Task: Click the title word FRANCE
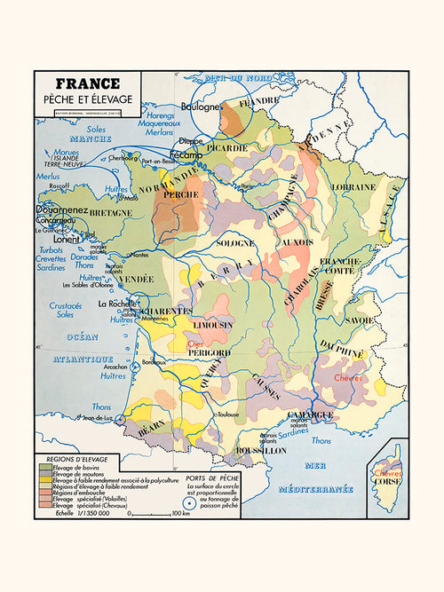click(x=86, y=84)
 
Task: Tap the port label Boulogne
click(x=202, y=107)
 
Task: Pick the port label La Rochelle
click(x=116, y=304)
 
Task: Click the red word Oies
click(x=195, y=345)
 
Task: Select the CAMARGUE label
click(x=310, y=414)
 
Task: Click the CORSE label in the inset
click(x=387, y=485)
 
